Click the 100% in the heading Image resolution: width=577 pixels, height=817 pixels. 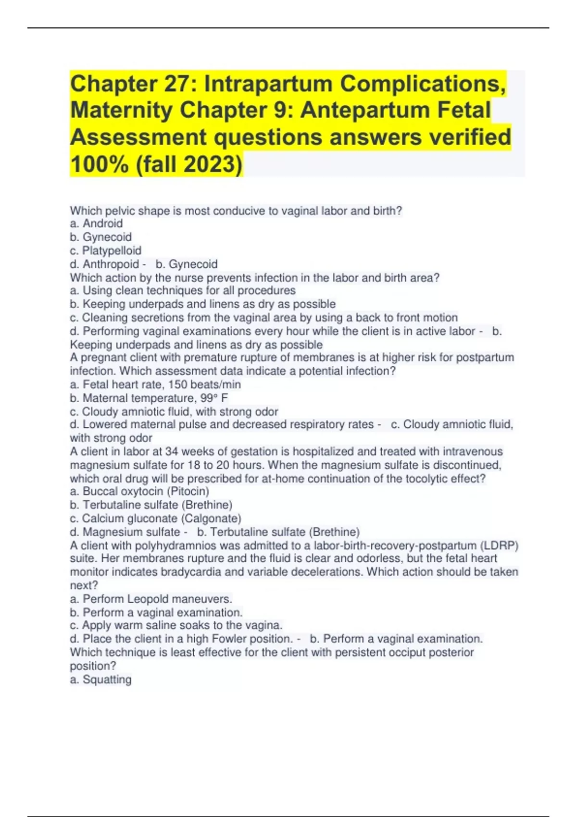tap(100, 164)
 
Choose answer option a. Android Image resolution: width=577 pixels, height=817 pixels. tap(96, 223)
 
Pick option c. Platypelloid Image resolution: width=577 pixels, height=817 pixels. tap(106, 250)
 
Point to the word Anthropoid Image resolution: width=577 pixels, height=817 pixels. tap(111, 264)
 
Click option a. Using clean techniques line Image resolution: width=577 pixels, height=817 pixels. tap(183, 290)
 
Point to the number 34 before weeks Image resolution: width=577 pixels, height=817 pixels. tap(172, 452)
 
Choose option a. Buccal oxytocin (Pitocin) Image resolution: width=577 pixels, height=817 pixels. tap(139, 491)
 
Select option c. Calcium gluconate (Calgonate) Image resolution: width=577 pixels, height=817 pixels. tap(155, 519)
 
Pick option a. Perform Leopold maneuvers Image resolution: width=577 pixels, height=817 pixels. tap(151, 599)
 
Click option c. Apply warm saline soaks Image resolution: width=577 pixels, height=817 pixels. tap(176, 625)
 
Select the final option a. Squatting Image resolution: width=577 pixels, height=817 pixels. tap(100, 680)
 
